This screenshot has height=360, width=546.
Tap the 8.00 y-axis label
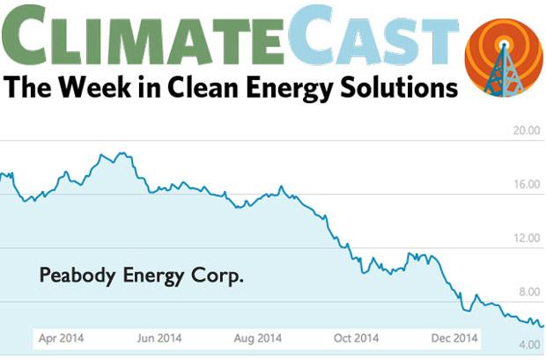click(x=528, y=292)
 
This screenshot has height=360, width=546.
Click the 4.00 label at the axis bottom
click(x=528, y=346)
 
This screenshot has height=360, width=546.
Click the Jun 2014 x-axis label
click(x=159, y=338)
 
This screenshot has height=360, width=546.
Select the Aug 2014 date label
click(x=259, y=338)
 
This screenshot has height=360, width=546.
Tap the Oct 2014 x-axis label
click(x=356, y=338)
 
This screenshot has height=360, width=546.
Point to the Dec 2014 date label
click(x=454, y=338)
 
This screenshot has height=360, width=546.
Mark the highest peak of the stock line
click(x=121, y=154)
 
